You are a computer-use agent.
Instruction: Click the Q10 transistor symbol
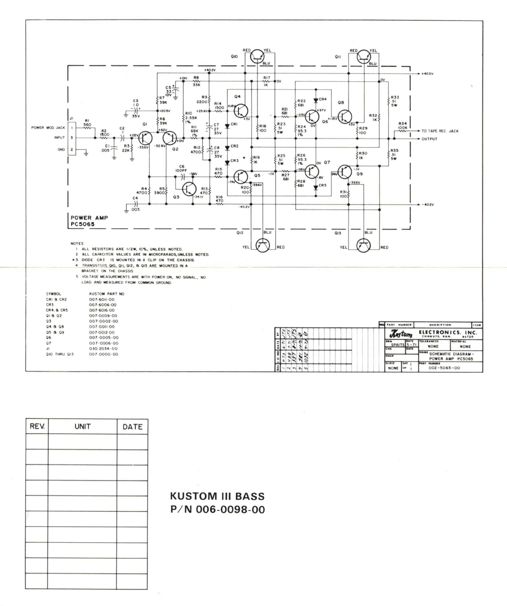[258, 55]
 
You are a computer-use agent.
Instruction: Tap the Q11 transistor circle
[364, 55]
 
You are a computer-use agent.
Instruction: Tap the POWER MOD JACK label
[48, 128]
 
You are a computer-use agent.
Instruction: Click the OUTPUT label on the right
[429, 139]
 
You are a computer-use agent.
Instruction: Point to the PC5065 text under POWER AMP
[83, 224]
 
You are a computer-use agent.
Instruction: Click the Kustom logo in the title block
[400, 334]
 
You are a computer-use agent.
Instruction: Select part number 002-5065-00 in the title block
[444, 368]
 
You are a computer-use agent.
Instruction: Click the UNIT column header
[82, 427]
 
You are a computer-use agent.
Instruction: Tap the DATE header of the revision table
[132, 427]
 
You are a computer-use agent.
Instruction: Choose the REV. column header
[37, 427]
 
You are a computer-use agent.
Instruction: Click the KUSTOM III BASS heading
[218, 497]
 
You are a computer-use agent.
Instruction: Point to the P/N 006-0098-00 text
[218, 510]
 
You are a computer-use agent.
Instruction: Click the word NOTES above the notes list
[78, 243]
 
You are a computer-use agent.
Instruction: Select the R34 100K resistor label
[403, 126]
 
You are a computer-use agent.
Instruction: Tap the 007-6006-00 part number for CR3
[102, 305]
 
